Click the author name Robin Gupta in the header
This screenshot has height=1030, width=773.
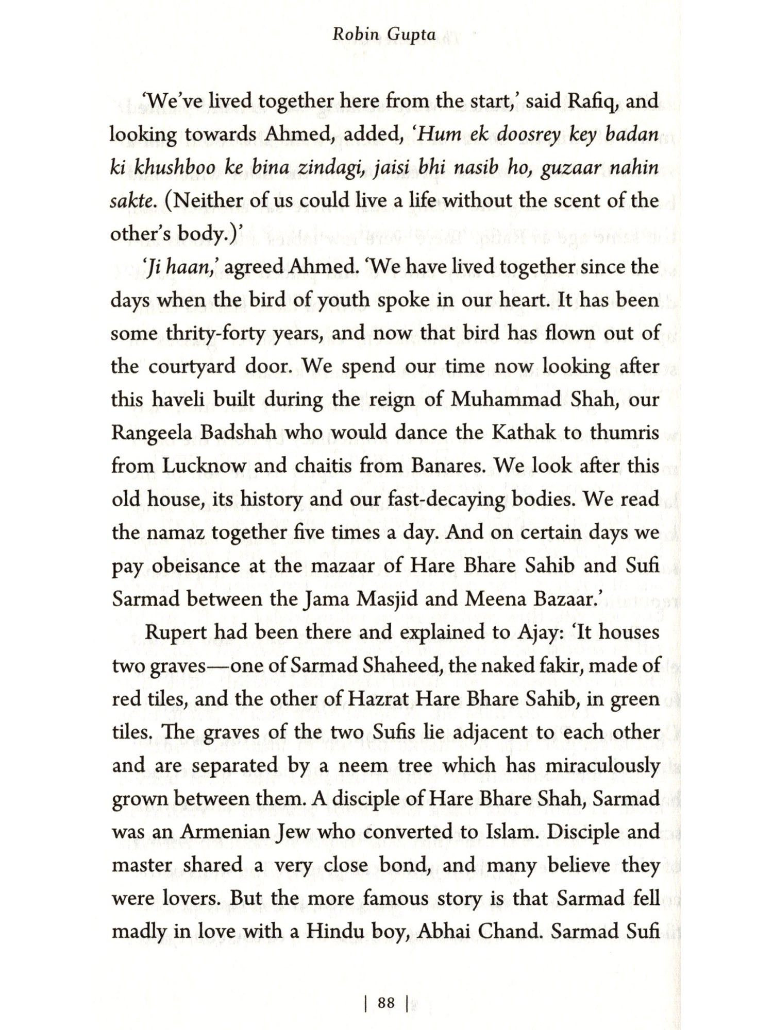pyautogui.click(x=384, y=35)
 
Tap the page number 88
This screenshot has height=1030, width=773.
pyautogui.click(x=386, y=1003)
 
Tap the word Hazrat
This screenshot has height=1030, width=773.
pyautogui.click(x=378, y=699)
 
